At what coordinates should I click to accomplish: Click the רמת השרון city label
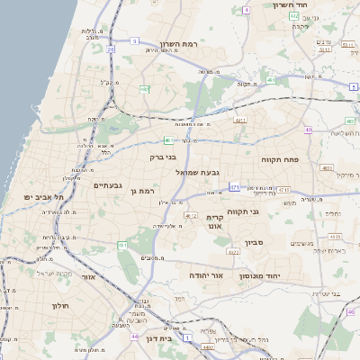pyautogui.click(x=178, y=43)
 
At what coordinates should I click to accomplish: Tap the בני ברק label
pyautogui.click(x=163, y=157)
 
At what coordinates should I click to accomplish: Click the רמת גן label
pyautogui.click(x=142, y=191)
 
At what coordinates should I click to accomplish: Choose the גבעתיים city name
pyautogui.click(x=107, y=184)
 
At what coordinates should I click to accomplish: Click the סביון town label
pyautogui.click(x=253, y=241)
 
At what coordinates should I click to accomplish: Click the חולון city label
pyautogui.click(x=61, y=306)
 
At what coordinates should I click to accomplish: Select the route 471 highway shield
pyautogui.click(x=234, y=187)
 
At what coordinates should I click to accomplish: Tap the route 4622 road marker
pyautogui.click(x=232, y=252)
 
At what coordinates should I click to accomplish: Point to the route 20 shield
pyautogui.click(x=111, y=50)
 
